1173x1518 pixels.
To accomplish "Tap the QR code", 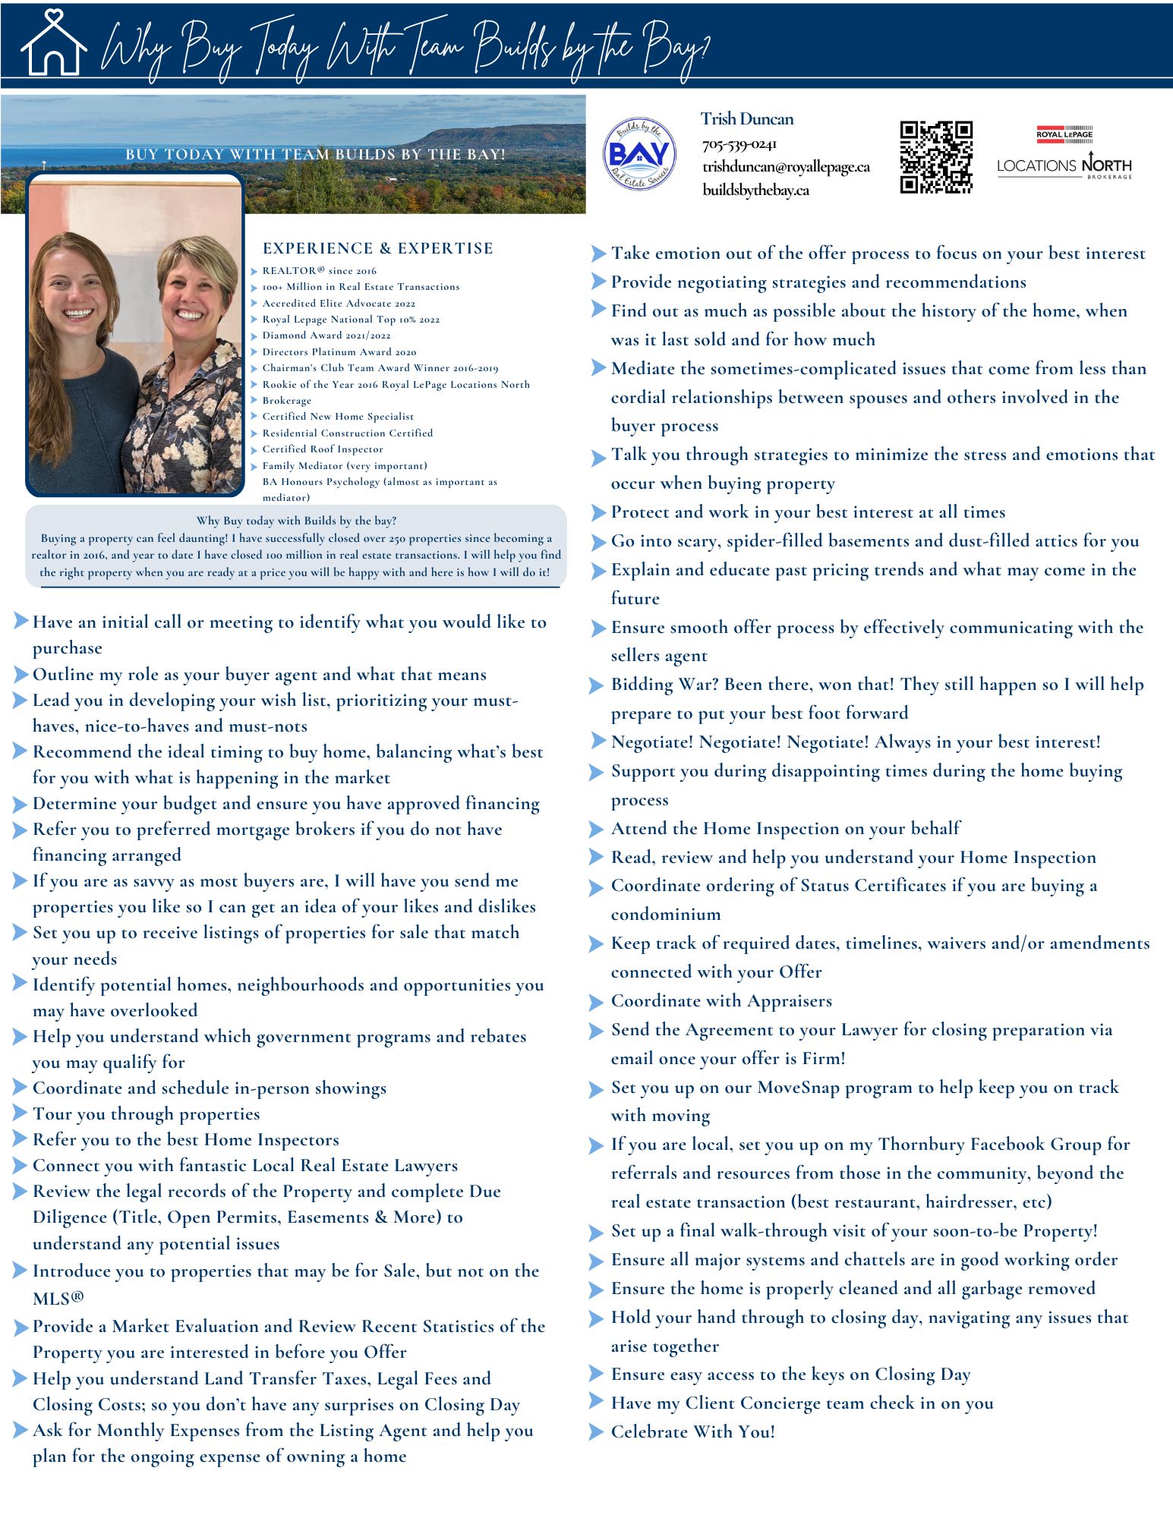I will coord(936,157).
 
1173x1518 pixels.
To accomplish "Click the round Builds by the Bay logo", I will coord(639,153).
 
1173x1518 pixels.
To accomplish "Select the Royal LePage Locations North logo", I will coord(1064,154).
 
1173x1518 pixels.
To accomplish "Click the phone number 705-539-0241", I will coord(739,144).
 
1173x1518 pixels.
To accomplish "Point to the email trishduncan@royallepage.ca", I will coord(786,167).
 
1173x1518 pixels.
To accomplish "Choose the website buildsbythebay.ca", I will coord(755,190).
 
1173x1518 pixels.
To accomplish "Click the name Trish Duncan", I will coord(747,119).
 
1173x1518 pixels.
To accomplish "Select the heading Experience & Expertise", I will coord(377,248).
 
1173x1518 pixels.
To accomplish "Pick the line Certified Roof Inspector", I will coord(323,449).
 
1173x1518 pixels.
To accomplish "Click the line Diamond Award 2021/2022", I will coord(326,335).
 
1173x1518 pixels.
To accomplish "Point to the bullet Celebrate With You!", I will coord(692,1432).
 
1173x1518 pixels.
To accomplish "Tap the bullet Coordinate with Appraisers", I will coord(721,1001).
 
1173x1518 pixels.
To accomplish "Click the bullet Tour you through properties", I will coord(146,1114).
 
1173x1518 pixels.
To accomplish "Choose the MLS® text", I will coord(58,1299).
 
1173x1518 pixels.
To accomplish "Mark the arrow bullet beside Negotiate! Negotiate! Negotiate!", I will coord(598,742).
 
